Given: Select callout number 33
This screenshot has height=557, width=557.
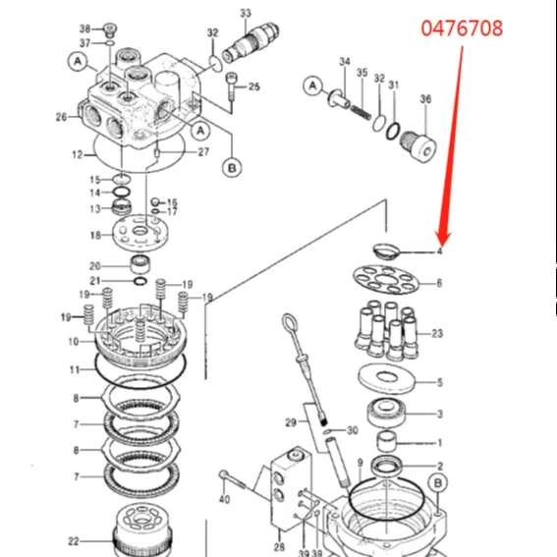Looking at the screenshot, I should pos(246,13).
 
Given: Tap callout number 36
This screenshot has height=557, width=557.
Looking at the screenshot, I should pos(424,98).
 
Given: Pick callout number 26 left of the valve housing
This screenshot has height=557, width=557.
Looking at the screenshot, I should pos(61,117).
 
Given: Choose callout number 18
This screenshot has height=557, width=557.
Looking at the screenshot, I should pos(94,235).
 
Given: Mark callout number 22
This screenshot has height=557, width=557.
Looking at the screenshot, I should pos(73,540).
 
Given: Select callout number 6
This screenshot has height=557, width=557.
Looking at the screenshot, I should pos(439,283).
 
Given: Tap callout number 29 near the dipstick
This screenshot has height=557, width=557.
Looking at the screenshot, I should pos(290,422).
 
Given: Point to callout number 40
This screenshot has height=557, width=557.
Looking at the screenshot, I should pos(224,499).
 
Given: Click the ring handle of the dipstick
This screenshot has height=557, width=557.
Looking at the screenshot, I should pos(289,324).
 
